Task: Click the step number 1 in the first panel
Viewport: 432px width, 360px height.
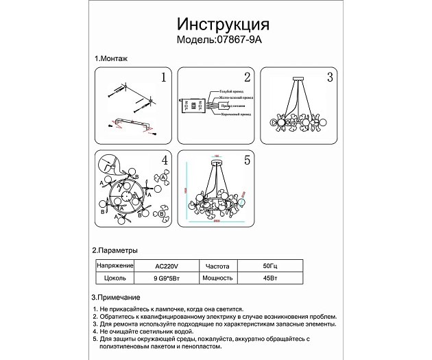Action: (164, 77)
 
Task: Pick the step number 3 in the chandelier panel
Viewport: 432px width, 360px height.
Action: (330, 77)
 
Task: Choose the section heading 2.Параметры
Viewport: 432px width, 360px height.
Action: (115, 250)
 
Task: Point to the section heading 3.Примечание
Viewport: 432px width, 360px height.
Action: (116, 298)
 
